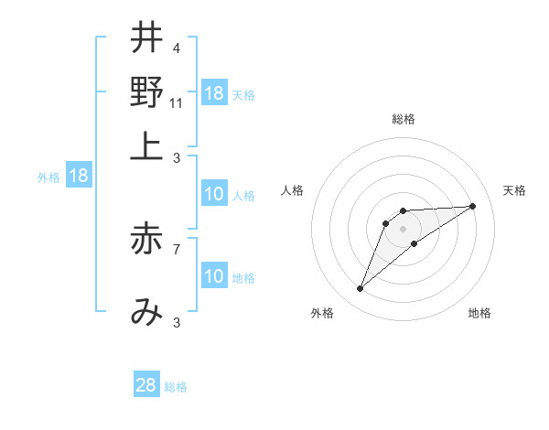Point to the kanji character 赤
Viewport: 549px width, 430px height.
tap(146, 239)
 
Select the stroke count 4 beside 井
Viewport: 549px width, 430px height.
tap(176, 48)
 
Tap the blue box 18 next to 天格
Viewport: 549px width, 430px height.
tap(213, 94)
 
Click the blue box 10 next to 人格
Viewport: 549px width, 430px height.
tap(213, 195)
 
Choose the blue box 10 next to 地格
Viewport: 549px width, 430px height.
tap(213, 277)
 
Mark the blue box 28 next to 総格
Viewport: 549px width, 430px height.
tap(146, 385)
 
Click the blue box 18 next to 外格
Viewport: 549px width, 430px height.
tap(78, 177)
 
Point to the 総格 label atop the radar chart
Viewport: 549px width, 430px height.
tap(404, 120)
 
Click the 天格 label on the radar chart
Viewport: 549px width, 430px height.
tap(514, 190)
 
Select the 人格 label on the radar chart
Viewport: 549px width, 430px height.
tap(293, 190)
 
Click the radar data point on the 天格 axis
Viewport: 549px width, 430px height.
tap(473, 206)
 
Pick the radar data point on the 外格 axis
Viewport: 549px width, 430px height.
tap(361, 289)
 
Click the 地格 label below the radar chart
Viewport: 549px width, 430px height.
tap(479, 313)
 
